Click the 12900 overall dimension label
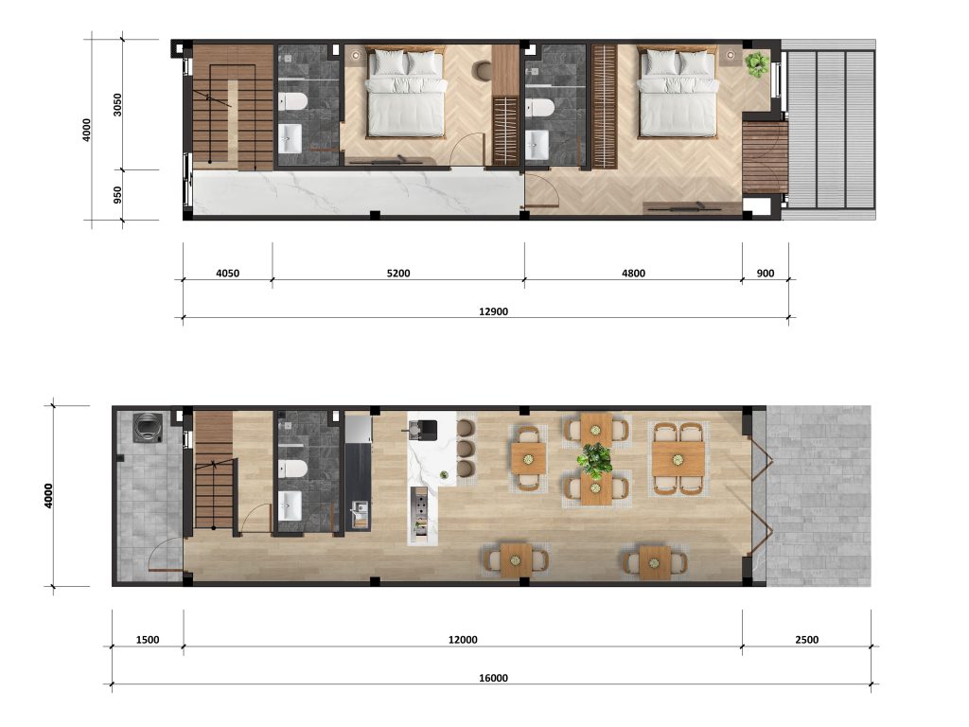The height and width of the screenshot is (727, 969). click(493, 311)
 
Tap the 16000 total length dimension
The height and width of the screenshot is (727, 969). click(493, 678)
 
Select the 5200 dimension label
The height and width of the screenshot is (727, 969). click(398, 274)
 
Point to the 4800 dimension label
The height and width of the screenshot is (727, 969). click(633, 274)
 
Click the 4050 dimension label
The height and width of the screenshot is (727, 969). click(227, 274)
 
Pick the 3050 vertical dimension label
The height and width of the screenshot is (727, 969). click(117, 104)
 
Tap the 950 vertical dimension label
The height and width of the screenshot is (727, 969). click(117, 195)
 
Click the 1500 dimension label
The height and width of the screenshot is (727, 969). click(147, 640)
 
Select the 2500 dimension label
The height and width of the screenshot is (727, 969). click(806, 640)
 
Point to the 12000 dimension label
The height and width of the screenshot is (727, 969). click(463, 640)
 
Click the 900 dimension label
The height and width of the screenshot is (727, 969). click(765, 274)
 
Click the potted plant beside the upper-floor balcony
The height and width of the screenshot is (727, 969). click(756, 64)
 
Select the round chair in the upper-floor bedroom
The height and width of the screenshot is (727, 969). click(482, 70)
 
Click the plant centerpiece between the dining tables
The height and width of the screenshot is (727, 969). click(594, 460)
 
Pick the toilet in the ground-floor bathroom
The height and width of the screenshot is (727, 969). click(292, 469)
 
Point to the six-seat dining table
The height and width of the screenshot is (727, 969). click(678, 459)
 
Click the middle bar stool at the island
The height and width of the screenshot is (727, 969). click(466, 448)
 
